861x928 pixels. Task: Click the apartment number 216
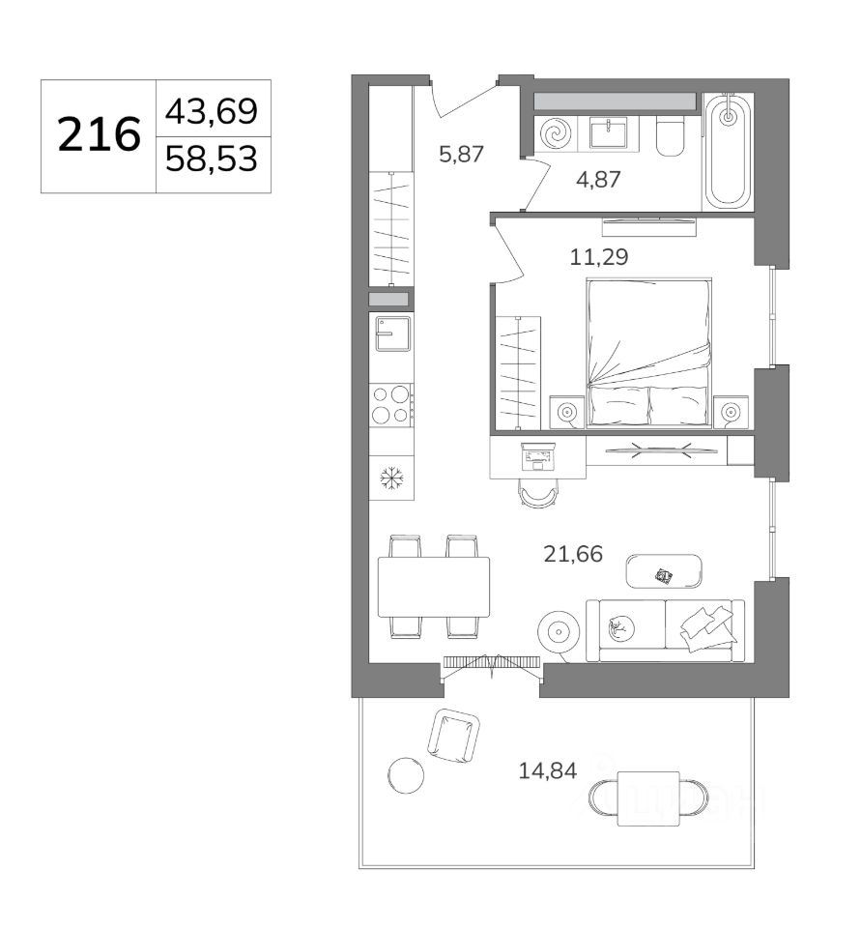[99, 135]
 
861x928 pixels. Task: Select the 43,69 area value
[212, 111]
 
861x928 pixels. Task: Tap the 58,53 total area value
[212, 159]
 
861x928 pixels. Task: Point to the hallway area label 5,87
[461, 155]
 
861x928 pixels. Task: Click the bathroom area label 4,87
[597, 180]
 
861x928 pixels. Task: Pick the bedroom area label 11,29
[599, 257]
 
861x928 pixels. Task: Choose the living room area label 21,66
[573, 554]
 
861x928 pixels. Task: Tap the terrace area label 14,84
[547, 770]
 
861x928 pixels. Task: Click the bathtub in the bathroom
[728, 151]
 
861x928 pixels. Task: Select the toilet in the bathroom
[670, 135]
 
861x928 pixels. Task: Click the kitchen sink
[392, 333]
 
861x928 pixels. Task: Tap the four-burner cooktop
[391, 405]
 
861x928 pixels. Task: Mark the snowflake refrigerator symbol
[391, 478]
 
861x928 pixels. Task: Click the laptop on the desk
[537, 456]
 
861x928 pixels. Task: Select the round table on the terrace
[406, 775]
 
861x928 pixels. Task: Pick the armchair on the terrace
[454, 736]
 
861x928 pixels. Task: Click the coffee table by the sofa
[664, 571]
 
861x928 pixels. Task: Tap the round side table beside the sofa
[558, 631]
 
